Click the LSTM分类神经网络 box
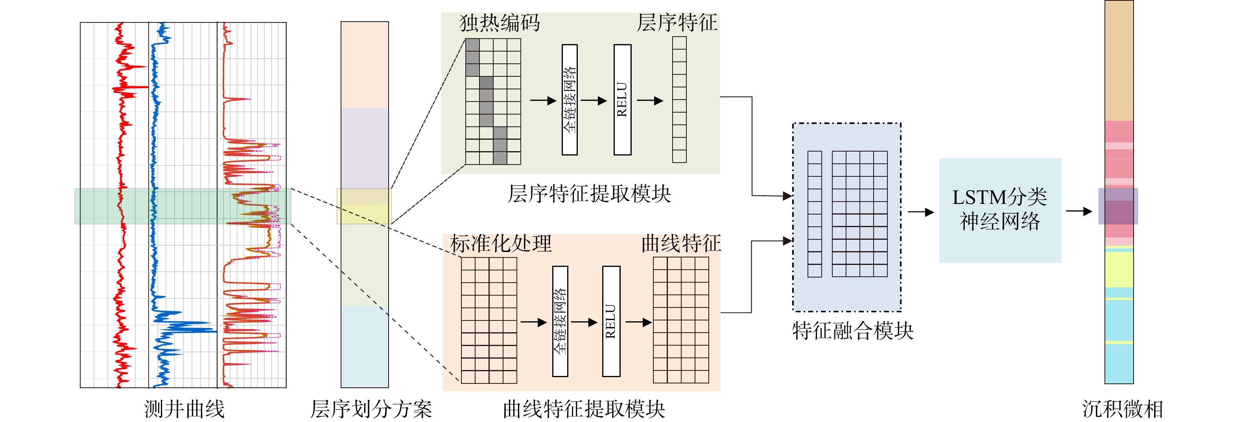coord(999,210)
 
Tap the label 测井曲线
coord(184,409)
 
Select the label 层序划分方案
coord(371,409)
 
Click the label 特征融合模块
coord(852,331)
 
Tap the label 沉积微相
coord(1122,409)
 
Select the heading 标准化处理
coord(501,244)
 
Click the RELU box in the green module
coord(622,100)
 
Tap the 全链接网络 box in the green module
coord(570,100)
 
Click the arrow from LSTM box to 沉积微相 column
coord(1079,211)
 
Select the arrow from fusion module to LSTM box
coord(920,212)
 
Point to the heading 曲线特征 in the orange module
coord(681,244)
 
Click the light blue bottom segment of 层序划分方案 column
coord(365,346)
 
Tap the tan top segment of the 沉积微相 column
coord(1119,60)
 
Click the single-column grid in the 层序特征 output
coord(679,100)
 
